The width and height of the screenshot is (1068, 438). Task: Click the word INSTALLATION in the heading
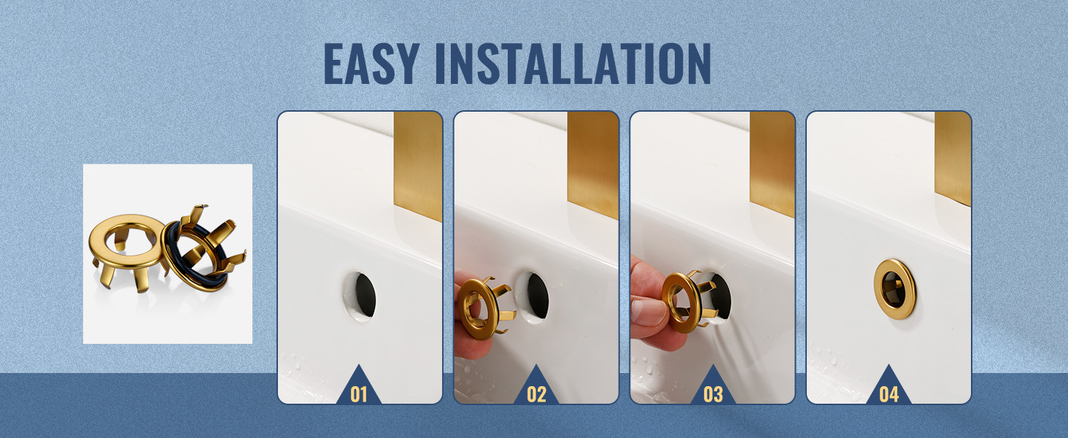point(573,64)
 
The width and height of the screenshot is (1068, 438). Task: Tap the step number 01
point(358,394)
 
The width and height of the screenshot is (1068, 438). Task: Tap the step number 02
point(536,394)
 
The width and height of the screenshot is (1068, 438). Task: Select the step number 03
point(713,394)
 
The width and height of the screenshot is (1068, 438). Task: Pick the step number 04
point(889,394)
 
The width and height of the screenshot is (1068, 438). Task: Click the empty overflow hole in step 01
point(360,296)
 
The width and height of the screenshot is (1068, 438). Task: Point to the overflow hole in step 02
point(535,296)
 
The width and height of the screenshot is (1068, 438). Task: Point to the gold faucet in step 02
point(593,164)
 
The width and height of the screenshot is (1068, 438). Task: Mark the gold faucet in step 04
point(953,158)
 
